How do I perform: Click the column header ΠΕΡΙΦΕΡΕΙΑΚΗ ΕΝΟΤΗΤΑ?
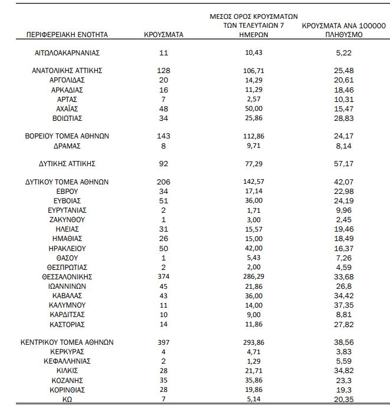[67, 35]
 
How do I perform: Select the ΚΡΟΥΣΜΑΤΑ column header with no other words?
[163, 35]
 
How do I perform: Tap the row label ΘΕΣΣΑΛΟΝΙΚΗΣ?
[67, 276]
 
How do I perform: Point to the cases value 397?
[163, 342]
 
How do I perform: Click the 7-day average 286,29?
[254, 276]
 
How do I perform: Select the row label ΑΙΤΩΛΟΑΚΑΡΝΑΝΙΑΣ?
[67, 52]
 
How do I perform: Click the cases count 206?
[163, 182]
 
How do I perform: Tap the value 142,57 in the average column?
[254, 182]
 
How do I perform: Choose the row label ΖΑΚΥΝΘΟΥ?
[67, 219]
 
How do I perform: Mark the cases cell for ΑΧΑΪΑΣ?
[163, 108]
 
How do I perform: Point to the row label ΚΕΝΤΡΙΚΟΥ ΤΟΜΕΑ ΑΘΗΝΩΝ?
[67, 342]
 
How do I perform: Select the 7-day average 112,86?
[254, 136]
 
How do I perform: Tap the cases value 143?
[163, 136]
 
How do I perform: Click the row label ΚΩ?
[67, 398]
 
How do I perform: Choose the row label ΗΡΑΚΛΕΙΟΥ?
[67, 248]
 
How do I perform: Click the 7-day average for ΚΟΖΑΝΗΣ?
[254, 380]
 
